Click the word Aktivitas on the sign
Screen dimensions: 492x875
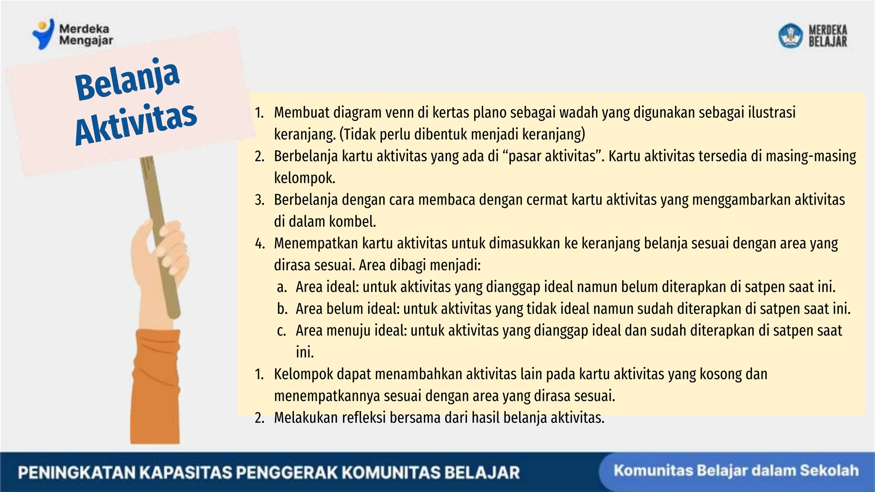click(x=136, y=123)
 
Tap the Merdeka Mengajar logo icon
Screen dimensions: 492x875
click(x=43, y=34)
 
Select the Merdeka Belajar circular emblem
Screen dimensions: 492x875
click(x=790, y=35)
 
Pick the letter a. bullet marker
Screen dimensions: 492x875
click(x=282, y=287)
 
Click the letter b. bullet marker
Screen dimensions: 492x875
click(x=282, y=309)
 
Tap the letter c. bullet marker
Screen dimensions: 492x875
click(x=281, y=331)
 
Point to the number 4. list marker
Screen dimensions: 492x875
click(x=260, y=243)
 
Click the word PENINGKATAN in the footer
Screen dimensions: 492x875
click(x=76, y=473)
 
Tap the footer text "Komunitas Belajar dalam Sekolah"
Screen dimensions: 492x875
click(x=736, y=471)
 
